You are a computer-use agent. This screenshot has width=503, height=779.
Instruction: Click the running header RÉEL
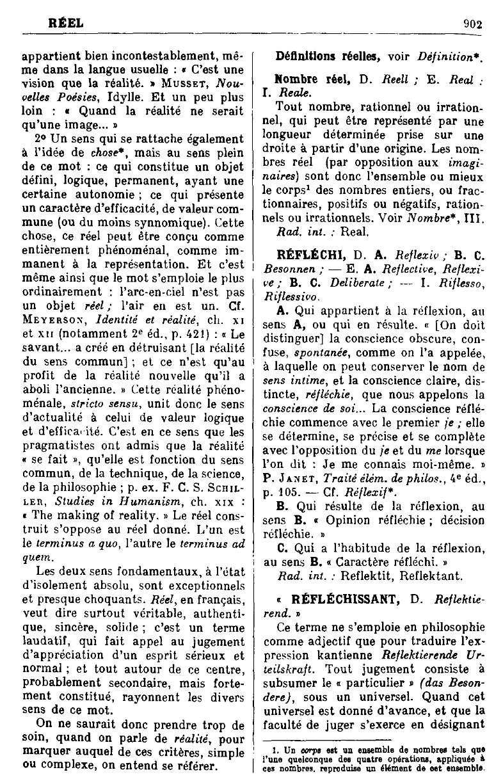[66, 23]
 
